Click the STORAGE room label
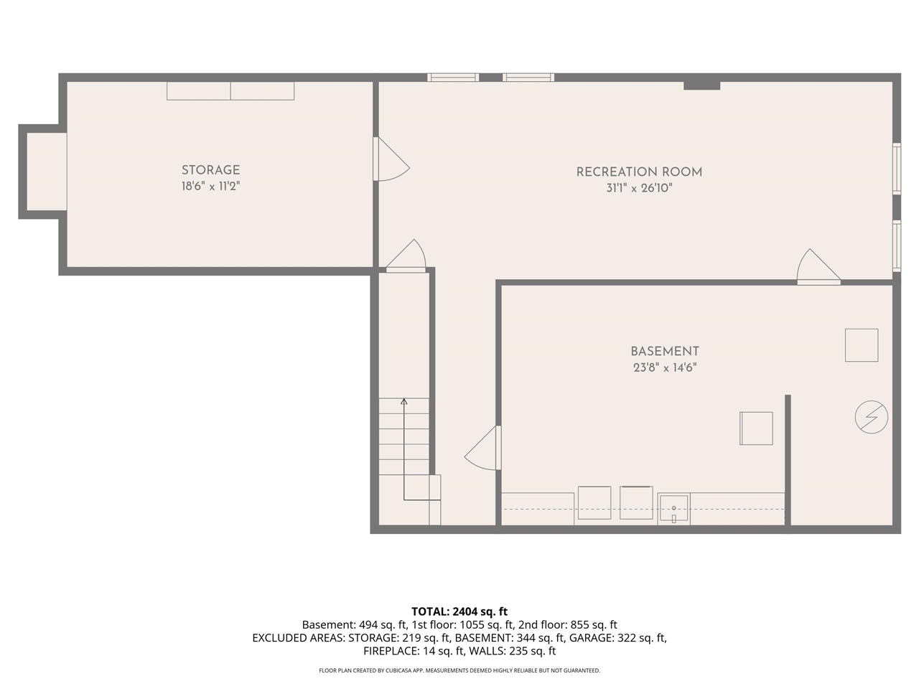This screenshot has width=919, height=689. point(210,170)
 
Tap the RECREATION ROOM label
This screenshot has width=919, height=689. point(639,172)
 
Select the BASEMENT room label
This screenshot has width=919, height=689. point(664,351)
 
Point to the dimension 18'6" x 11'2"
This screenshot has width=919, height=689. point(210,187)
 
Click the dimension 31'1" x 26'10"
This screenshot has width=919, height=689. point(639,189)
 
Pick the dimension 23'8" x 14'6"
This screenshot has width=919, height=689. point(664,367)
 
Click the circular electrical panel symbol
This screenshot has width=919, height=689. point(871,416)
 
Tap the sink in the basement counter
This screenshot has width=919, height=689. point(673,509)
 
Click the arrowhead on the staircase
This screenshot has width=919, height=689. point(404,401)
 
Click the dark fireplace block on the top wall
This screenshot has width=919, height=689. point(701,85)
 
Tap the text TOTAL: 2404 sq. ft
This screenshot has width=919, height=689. point(459,611)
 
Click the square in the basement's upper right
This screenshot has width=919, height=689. point(861,345)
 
